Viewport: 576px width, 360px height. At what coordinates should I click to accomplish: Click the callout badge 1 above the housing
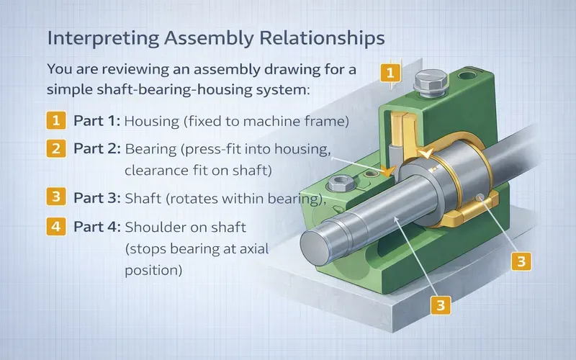coord(390,73)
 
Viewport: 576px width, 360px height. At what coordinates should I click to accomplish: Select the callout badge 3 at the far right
coord(523,260)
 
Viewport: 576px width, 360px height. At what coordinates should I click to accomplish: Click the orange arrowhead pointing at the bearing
coord(390,171)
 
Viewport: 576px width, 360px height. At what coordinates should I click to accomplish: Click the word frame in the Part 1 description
coord(330,121)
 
